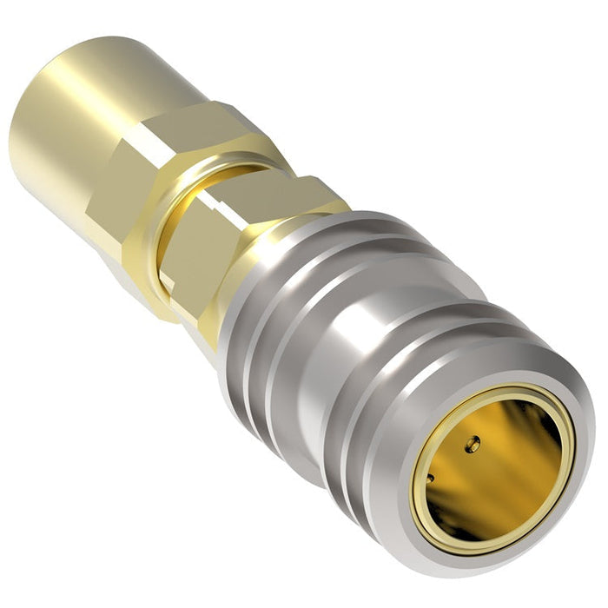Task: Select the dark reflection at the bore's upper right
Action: coord(543,426)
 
